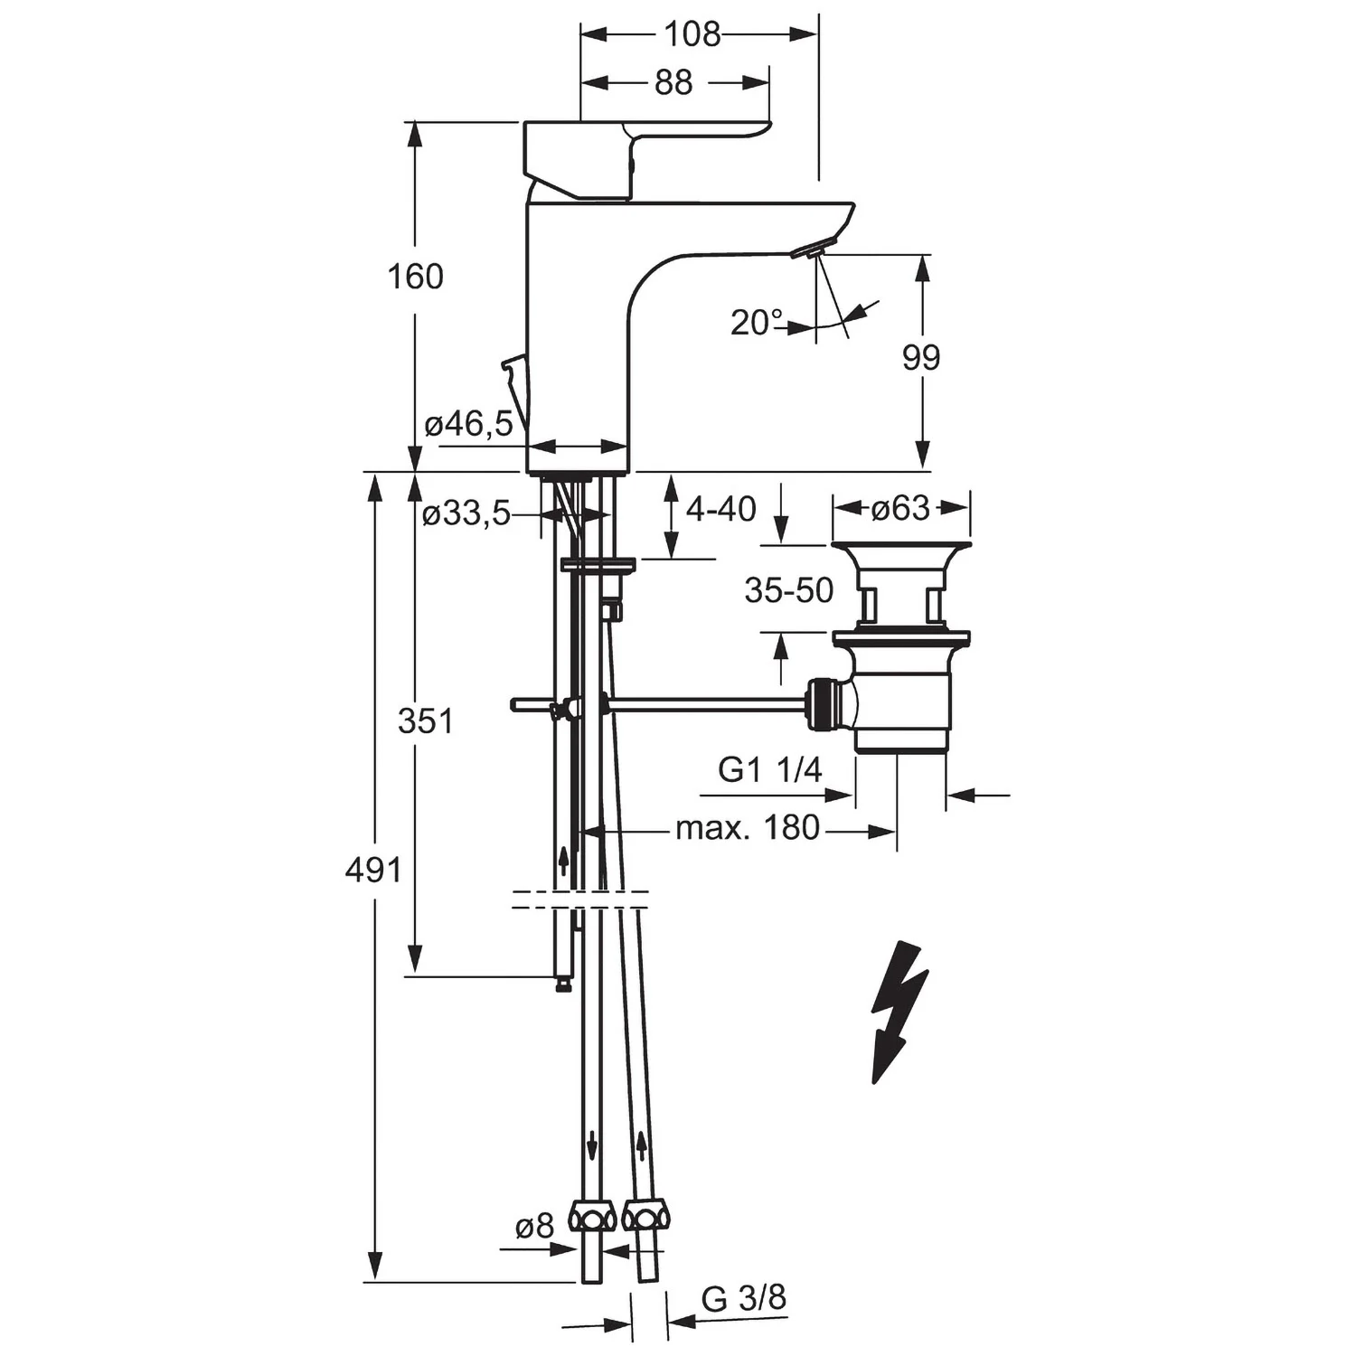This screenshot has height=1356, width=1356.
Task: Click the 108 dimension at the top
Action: click(692, 34)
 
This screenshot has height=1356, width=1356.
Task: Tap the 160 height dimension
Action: click(415, 277)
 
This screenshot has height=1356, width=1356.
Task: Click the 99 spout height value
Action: click(920, 358)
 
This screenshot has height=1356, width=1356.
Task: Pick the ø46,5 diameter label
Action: click(468, 422)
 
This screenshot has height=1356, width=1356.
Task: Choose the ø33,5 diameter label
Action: click(466, 513)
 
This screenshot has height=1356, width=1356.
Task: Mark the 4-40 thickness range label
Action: click(720, 509)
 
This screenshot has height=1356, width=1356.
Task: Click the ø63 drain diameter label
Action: click(900, 508)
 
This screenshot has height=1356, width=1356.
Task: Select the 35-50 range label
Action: click(788, 590)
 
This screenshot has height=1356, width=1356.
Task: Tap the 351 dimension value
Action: click(425, 720)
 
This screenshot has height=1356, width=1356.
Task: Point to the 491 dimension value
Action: click(372, 870)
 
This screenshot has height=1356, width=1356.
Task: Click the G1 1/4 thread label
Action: click(770, 769)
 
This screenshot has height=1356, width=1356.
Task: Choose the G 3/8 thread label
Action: click(743, 1298)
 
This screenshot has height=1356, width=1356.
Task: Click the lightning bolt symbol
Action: click(899, 1012)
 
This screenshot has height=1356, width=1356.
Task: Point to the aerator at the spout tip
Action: click(809, 250)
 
